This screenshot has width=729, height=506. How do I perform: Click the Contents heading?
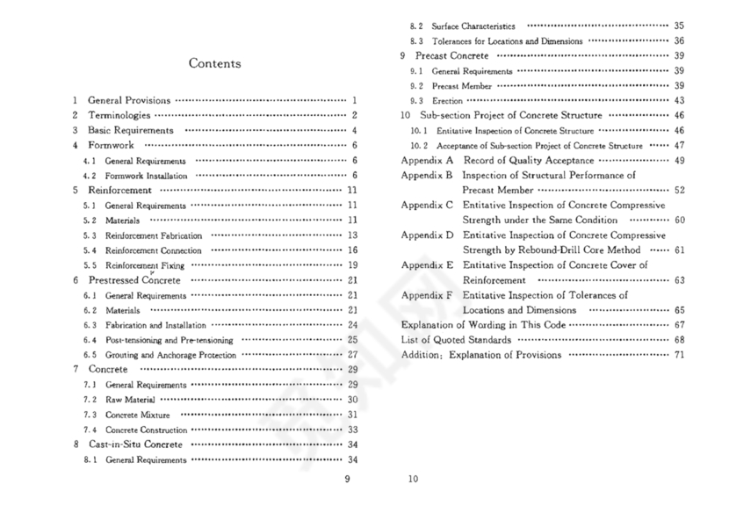click(x=215, y=64)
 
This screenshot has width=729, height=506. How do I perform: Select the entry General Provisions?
click(x=129, y=101)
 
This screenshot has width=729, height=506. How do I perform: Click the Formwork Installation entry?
click(x=146, y=176)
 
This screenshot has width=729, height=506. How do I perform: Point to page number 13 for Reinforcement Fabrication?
click(x=352, y=235)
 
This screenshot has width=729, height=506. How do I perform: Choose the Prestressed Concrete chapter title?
click(x=134, y=280)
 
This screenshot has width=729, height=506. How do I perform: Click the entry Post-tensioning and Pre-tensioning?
click(x=169, y=340)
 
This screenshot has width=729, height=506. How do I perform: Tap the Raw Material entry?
click(x=131, y=400)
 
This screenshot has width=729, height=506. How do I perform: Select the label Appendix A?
click(x=427, y=161)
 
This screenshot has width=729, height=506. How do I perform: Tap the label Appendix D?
click(x=427, y=235)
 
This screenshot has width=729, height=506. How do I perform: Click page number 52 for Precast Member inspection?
click(x=679, y=190)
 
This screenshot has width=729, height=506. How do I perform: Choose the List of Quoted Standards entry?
click(x=456, y=340)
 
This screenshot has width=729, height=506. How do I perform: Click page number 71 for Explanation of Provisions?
click(x=679, y=355)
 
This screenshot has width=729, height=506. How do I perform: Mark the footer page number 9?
click(x=348, y=479)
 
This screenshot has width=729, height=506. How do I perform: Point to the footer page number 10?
click(x=414, y=479)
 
